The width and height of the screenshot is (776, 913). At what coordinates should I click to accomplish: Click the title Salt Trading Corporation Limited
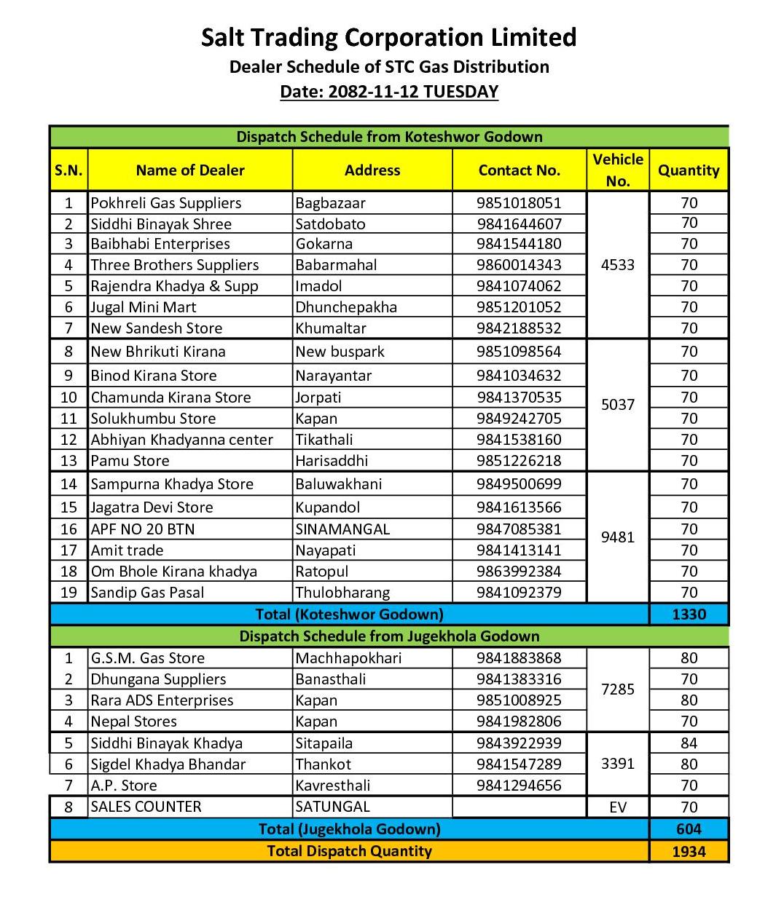pyautogui.click(x=388, y=37)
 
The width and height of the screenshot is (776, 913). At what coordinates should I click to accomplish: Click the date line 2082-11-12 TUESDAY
pyautogui.click(x=389, y=92)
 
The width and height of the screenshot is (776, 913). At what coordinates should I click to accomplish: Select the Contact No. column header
pyautogui.click(x=519, y=170)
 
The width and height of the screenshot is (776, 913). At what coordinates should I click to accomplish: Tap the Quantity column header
pyautogui.click(x=688, y=170)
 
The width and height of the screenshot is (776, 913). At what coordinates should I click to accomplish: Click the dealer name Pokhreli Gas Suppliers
pyautogui.click(x=165, y=203)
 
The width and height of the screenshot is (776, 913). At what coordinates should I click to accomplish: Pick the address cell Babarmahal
pyautogui.click(x=336, y=265)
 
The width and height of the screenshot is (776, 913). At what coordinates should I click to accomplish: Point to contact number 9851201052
pyautogui.click(x=519, y=307)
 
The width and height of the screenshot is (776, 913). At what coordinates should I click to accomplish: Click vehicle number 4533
pyautogui.click(x=617, y=265)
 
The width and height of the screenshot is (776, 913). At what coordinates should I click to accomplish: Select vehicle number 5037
pyautogui.click(x=617, y=405)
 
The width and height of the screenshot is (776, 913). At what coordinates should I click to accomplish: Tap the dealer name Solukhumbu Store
pyautogui.click(x=153, y=419)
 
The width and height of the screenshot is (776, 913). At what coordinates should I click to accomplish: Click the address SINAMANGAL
pyautogui.click(x=342, y=529)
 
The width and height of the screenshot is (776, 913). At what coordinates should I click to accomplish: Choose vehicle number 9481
pyautogui.click(x=617, y=537)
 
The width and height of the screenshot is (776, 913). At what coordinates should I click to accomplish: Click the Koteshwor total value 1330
pyautogui.click(x=689, y=614)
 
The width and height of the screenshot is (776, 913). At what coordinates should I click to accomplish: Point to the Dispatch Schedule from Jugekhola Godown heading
pyautogui.click(x=389, y=636)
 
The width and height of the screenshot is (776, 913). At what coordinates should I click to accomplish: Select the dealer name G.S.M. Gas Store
pyautogui.click(x=147, y=658)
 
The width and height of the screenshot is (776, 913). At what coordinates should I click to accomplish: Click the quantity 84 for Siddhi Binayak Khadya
pyautogui.click(x=689, y=743)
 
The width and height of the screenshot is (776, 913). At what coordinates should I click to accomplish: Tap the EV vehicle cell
pyautogui.click(x=617, y=807)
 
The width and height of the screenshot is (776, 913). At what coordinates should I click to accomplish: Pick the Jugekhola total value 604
pyautogui.click(x=689, y=829)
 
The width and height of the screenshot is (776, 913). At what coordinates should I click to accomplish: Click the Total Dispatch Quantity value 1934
pyautogui.click(x=689, y=852)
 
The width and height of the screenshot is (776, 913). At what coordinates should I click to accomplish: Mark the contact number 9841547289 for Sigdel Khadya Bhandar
pyautogui.click(x=519, y=764)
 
